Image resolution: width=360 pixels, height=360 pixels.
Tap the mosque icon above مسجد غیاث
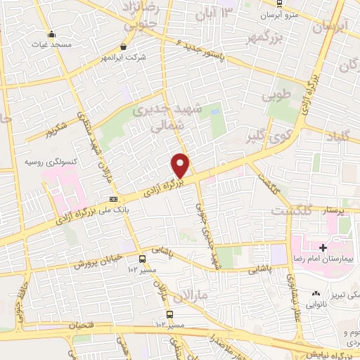point(51,34)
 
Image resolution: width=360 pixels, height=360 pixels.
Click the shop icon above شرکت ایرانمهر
point(124,46)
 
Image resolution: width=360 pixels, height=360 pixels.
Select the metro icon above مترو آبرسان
point(279,3)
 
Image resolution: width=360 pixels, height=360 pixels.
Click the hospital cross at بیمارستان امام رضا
point(323,247)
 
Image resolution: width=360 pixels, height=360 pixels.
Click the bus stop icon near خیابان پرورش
point(143,258)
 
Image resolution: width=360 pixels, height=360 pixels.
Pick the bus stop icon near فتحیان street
point(169,314)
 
